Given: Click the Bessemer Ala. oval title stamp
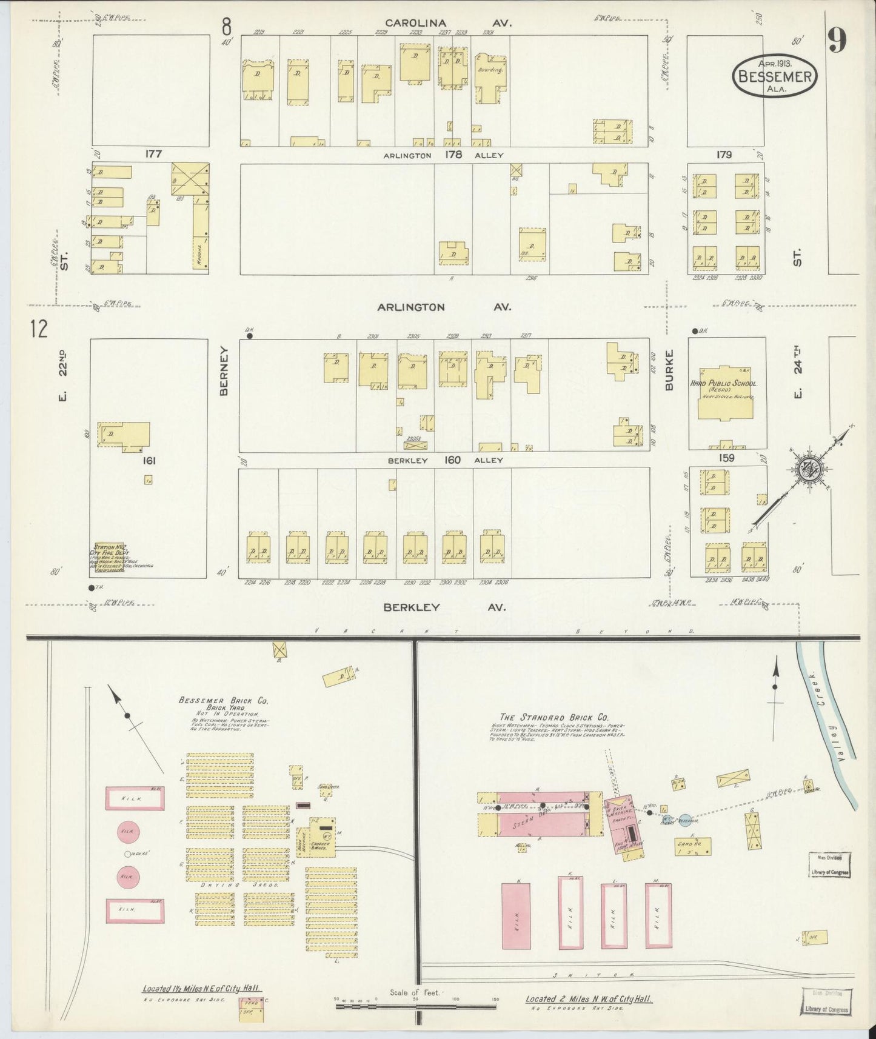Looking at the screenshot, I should [775, 75].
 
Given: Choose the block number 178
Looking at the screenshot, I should [453, 155].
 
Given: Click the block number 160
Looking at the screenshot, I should [452, 460].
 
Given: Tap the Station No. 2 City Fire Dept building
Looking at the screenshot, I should [110, 558].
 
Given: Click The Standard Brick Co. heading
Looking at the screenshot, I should [553, 717].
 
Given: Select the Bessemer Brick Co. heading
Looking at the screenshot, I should [223, 700].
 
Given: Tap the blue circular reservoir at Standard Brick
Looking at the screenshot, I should [684, 819].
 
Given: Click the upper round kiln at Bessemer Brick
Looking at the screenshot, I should [127, 831].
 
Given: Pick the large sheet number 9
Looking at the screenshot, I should [837, 41].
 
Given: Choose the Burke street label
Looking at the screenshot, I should [669, 369].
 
